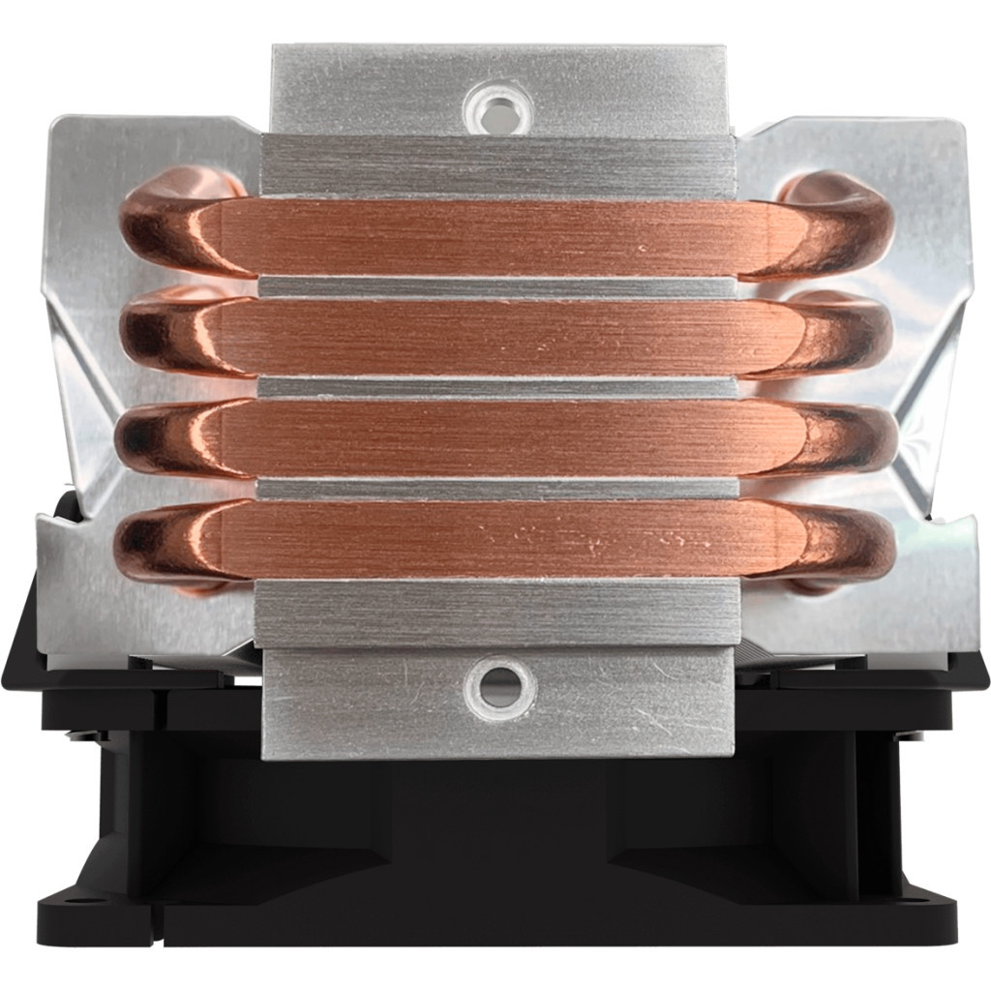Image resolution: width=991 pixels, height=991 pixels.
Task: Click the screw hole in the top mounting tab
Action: pyautogui.click(x=496, y=104)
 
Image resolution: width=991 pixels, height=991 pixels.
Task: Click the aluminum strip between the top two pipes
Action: pyautogui.click(x=498, y=287)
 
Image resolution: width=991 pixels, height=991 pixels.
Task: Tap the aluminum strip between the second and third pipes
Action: pyautogui.click(x=498, y=387)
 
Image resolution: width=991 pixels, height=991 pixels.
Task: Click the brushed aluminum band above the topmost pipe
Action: pyautogui.click(x=498, y=166)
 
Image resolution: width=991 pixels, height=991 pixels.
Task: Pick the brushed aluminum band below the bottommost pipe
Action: pyautogui.click(x=498, y=614)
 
